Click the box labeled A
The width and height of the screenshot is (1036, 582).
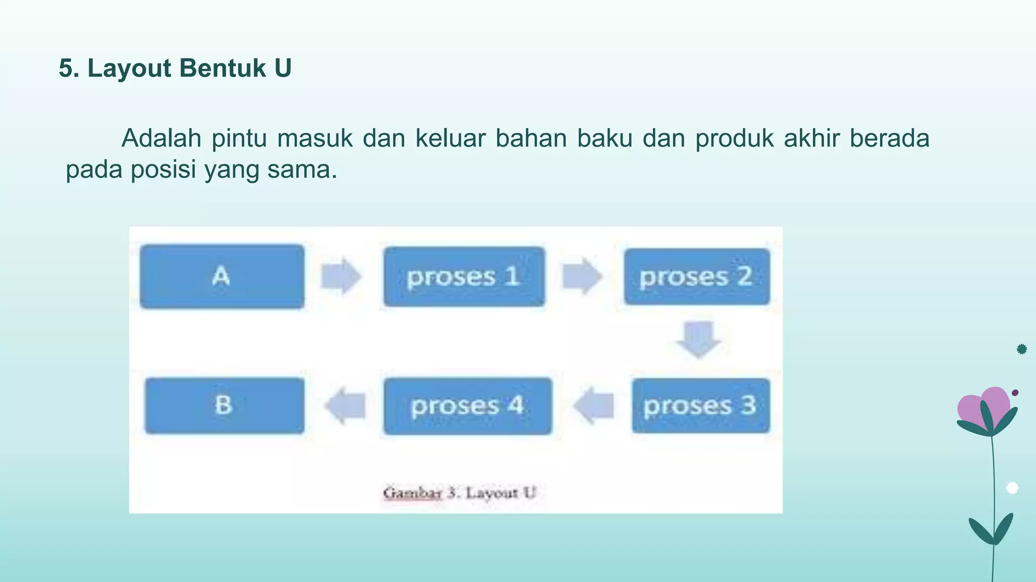(x=222, y=276)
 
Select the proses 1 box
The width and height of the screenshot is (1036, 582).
(x=464, y=276)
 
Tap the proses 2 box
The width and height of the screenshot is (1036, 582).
(x=697, y=276)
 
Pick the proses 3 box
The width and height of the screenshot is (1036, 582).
(x=701, y=406)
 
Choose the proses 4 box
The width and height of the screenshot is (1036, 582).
(x=467, y=406)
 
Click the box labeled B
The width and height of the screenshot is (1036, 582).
(x=225, y=406)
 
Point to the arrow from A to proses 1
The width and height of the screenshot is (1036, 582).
(x=341, y=276)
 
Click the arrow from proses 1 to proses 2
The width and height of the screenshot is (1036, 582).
(x=582, y=276)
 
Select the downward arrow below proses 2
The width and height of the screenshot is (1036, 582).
(x=699, y=339)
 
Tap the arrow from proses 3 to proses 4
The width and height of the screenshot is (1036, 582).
(x=594, y=405)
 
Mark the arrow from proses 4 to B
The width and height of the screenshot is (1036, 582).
(x=346, y=405)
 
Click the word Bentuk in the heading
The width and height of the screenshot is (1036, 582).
(x=223, y=68)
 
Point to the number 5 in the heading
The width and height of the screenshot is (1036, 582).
(x=66, y=68)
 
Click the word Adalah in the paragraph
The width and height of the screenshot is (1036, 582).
(x=161, y=138)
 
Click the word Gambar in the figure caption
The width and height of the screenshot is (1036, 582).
(x=412, y=493)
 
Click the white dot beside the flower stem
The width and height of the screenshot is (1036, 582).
(x=1012, y=488)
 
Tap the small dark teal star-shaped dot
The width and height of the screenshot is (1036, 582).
(x=1022, y=349)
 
